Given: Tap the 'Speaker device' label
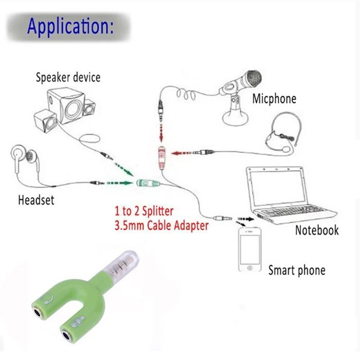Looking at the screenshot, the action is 68,77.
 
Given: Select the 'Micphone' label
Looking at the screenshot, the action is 274,99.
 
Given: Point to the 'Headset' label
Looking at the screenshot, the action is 36,200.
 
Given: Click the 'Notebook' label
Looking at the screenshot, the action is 317,230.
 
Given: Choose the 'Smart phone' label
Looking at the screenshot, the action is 297,270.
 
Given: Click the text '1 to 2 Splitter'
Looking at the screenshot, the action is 144,211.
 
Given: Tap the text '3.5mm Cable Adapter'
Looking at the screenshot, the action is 161,225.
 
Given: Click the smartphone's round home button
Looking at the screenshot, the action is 250,268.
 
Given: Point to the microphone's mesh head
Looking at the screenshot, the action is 253,79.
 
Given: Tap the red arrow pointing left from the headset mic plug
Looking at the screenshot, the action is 182,153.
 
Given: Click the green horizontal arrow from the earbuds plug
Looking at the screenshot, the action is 120,183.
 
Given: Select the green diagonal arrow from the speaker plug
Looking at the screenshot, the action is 123,169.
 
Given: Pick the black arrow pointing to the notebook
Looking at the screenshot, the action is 246,219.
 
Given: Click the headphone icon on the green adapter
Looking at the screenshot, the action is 48,299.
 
